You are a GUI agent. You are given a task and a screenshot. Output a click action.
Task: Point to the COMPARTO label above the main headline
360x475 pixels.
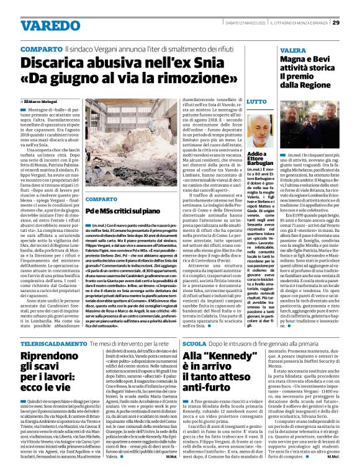point(40,49)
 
